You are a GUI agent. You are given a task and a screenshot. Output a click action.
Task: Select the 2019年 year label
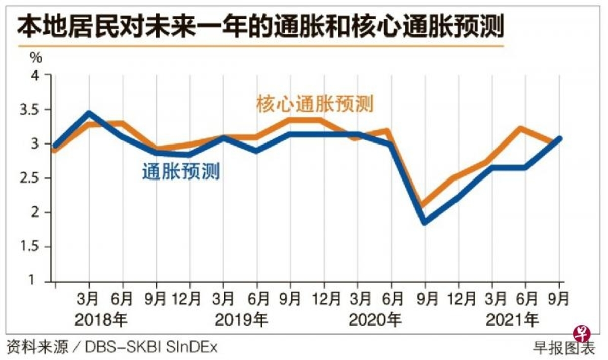tap(241, 320)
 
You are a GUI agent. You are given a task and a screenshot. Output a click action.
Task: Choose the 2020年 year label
tap(376, 320)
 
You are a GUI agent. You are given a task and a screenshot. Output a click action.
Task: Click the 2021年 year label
tap(512, 320)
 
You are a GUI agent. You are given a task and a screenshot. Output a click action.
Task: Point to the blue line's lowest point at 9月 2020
tap(424, 222)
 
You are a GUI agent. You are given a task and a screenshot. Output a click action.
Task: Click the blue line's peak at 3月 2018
tap(89, 113)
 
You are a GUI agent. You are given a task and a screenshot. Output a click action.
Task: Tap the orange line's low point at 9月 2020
tap(424, 205)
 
